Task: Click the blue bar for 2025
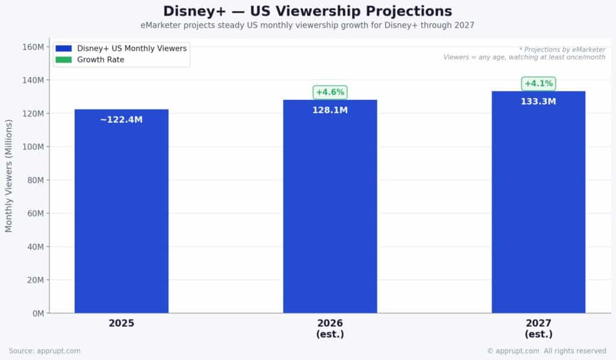tap(122, 217)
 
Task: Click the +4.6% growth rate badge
tap(330, 92)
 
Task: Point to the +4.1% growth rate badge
tap(538, 84)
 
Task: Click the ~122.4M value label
tap(122, 120)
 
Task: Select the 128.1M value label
tap(330, 110)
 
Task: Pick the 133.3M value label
tap(538, 102)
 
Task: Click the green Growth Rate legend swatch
tap(63, 60)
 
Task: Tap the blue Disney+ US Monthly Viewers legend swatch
tap(63, 48)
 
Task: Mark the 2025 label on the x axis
tap(122, 323)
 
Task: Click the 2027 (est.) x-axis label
tap(538, 329)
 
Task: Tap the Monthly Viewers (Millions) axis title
tap(9, 175)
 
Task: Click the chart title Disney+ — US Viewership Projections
tap(307, 11)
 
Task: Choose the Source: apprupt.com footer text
tap(45, 351)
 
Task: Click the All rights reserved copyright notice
tap(546, 351)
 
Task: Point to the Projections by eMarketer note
tap(562, 49)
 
